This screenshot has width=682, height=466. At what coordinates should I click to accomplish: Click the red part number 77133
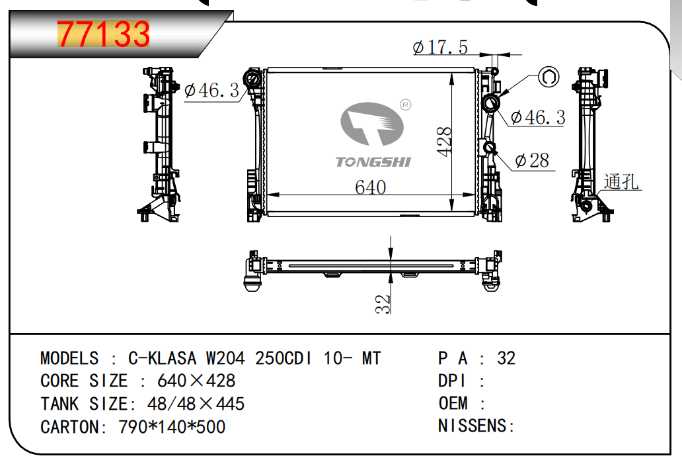[104, 34]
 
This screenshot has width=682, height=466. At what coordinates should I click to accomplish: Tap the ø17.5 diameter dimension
[440, 47]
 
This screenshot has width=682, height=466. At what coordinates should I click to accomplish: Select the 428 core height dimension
[444, 141]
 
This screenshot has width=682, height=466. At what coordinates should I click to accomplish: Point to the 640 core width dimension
[370, 187]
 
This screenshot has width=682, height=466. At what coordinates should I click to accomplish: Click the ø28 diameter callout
[532, 160]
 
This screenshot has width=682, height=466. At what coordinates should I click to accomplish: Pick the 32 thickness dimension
[383, 304]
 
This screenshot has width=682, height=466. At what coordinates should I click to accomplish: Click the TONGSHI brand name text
[373, 162]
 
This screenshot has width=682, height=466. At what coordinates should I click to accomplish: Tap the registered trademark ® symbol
[405, 105]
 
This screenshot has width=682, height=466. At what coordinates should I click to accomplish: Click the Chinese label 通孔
[621, 181]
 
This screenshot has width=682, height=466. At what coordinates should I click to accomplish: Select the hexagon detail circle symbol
[549, 77]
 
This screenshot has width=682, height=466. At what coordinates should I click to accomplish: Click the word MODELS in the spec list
[69, 358]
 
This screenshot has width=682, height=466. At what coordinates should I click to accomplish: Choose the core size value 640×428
[196, 381]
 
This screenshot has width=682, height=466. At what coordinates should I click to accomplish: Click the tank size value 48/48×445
[196, 404]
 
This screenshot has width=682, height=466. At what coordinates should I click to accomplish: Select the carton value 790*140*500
[172, 427]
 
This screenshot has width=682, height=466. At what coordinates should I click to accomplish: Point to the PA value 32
[506, 358]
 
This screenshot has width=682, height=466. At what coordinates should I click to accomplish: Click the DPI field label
[451, 381]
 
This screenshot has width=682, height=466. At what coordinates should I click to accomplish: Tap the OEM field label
[453, 403]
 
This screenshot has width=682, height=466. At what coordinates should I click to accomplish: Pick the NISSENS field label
[473, 426]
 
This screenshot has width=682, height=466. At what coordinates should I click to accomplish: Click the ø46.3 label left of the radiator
[212, 91]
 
